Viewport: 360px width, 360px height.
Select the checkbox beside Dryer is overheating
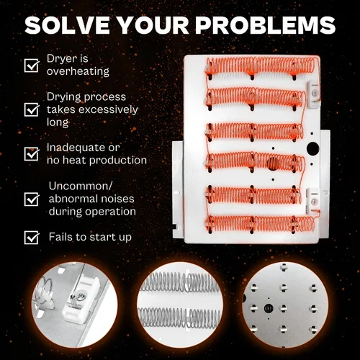(32, 66)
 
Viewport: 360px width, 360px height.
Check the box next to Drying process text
(32, 109)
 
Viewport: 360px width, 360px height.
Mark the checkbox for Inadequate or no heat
(32, 153)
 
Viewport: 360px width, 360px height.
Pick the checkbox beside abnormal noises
(32, 199)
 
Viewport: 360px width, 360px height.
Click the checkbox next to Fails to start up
(32, 237)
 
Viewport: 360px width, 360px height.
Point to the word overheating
(78, 71)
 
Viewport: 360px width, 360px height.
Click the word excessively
(108, 109)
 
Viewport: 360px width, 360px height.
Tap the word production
(118, 160)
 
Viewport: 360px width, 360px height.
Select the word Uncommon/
(81, 186)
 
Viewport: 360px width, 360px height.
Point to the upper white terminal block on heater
(313, 94)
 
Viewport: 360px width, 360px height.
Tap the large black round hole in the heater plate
(313, 148)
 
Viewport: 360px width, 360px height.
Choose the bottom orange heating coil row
(261, 224)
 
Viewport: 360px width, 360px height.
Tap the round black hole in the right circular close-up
(268, 308)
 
